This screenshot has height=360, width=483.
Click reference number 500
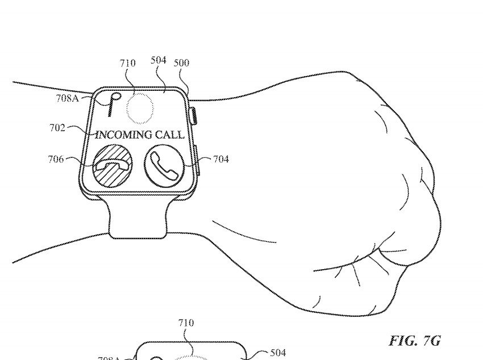(x=182, y=63)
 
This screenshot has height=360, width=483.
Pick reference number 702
(x=57, y=128)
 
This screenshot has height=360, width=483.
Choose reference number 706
(x=55, y=159)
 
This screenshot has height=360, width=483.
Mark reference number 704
(x=221, y=160)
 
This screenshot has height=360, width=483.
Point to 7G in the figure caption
(x=430, y=341)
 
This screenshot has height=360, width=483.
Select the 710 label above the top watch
(x=128, y=63)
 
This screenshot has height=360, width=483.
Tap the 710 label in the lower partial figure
(x=186, y=323)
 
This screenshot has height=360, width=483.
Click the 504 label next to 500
(x=159, y=60)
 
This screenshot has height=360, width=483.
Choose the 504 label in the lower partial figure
(x=277, y=353)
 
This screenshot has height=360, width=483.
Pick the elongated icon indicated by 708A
(x=111, y=105)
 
